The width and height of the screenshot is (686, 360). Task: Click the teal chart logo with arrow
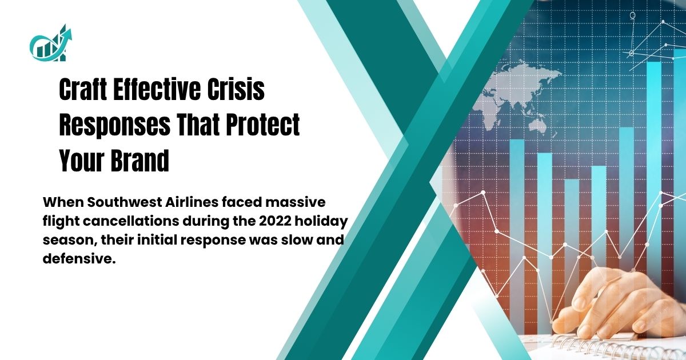(x=50, y=43)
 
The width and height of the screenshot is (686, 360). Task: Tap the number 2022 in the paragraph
(x=274, y=221)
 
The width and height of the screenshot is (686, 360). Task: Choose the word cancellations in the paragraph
(x=130, y=221)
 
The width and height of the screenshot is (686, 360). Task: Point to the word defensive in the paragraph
(x=79, y=259)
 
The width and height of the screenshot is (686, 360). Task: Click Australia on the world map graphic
(x=538, y=127)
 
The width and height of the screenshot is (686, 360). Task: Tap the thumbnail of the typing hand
(x=580, y=303)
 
